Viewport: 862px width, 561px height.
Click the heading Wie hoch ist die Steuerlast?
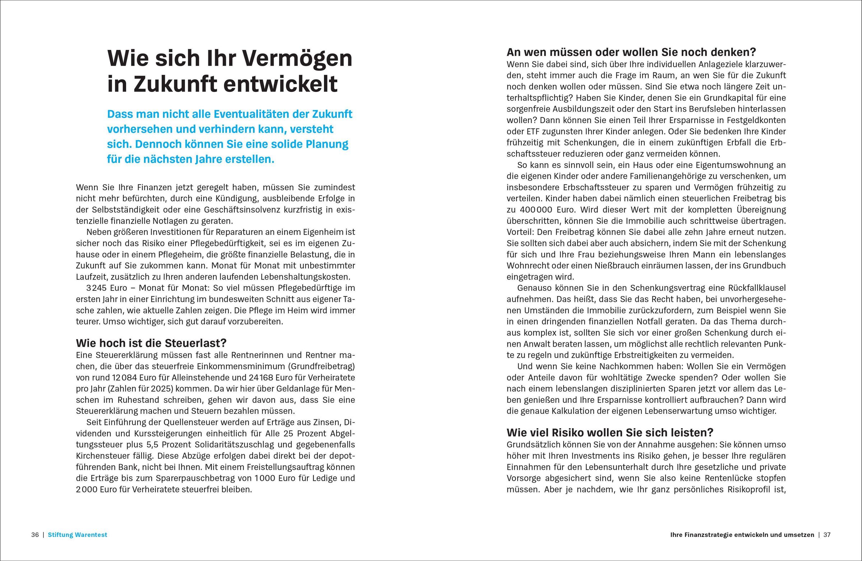pyautogui.click(x=151, y=343)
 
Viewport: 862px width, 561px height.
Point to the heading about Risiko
pyautogui.click(x=610, y=433)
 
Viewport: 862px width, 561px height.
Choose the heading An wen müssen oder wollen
pyautogui.click(x=631, y=52)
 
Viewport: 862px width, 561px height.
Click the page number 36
pyautogui.click(x=35, y=534)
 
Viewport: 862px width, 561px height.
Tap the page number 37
pyautogui.click(x=827, y=534)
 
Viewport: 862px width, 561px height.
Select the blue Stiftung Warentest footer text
pyautogui.click(x=78, y=534)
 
